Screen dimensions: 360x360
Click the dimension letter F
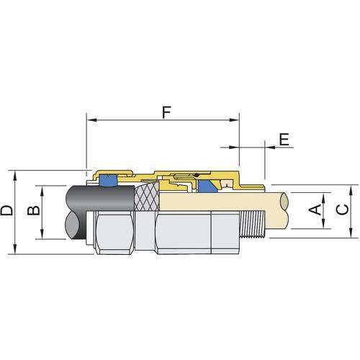click(166, 113)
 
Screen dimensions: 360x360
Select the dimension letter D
click(7, 211)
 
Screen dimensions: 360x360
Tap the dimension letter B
click(32, 211)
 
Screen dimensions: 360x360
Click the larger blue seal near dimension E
click(210, 187)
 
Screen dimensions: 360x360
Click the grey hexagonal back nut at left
click(112, 230)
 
